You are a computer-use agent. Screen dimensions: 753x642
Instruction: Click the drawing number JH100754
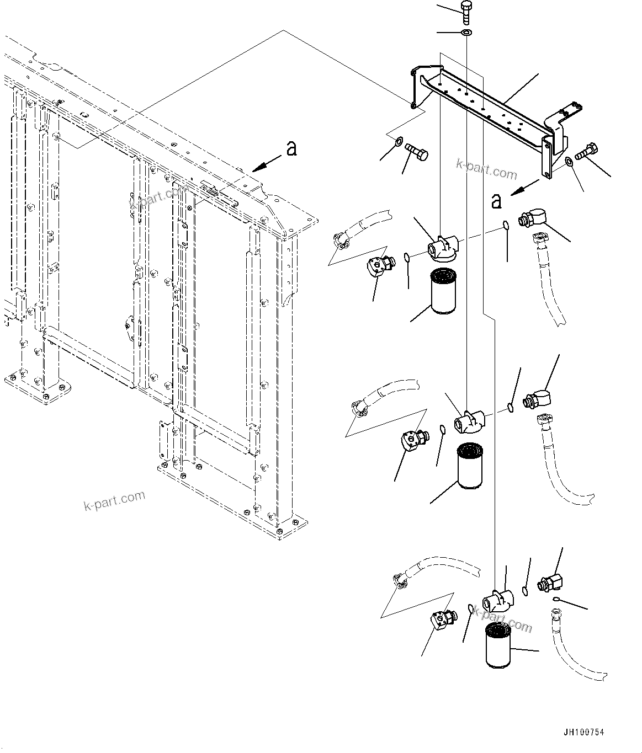click(583, 733)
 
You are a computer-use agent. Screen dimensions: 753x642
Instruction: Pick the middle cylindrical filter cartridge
click(470, 468)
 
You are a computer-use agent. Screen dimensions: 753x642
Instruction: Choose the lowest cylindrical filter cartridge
click(499, 646)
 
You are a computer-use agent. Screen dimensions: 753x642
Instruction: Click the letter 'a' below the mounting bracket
click(496, 201)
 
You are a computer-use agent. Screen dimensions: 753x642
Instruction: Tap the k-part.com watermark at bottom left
click(114, 500)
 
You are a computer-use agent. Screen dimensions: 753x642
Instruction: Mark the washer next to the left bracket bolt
click(397, 145)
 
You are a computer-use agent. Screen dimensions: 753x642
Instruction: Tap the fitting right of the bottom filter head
click(551, 581)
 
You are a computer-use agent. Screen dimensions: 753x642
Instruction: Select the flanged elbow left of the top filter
click(379, 265)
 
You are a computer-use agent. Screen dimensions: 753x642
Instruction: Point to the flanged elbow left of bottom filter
click(442, 620)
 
